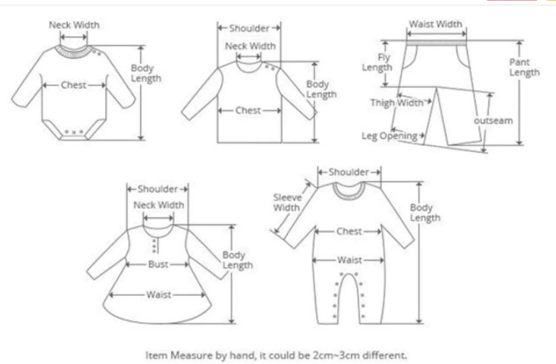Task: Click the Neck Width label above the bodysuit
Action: coord(74,25)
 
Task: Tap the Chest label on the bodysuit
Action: coord(74,85)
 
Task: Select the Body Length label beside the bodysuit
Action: coord(146,73)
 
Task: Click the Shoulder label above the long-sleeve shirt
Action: coord(249,28)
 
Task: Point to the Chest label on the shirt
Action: coord(248,110)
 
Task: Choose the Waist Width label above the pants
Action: coord(435,24)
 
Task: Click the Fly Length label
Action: coord(378,63)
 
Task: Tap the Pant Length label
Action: coord(525,67)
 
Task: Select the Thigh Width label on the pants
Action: coord(396,103)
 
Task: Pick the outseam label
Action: coord(493,121)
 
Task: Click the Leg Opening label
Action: coord(389,135)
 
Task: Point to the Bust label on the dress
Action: coord(158,264)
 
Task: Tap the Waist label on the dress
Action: coord(158,294)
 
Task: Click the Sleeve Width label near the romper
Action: coord(287,203)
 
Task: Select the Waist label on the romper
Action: coord(349,260)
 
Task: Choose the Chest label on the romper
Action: coord(349,231)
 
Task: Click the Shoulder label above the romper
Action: coord(349,172)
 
